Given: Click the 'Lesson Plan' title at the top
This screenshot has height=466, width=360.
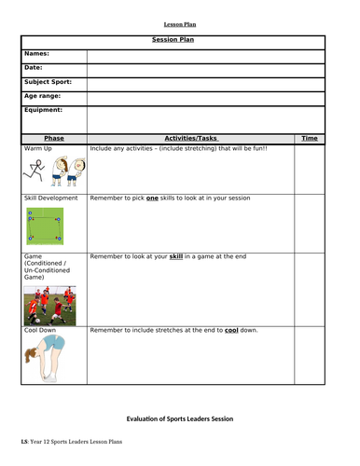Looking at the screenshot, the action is (x=181, y=25).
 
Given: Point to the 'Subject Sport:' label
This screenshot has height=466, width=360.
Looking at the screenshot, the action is (x=48, y=82).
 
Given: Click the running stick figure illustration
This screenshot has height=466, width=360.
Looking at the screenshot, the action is (x=35, y=169).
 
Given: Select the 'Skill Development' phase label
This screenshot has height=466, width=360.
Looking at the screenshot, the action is (x=54, y=199).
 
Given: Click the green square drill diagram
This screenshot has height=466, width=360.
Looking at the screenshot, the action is (x=43, y=225).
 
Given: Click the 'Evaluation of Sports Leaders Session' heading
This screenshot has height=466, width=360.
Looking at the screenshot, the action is (x=180, y=419).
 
